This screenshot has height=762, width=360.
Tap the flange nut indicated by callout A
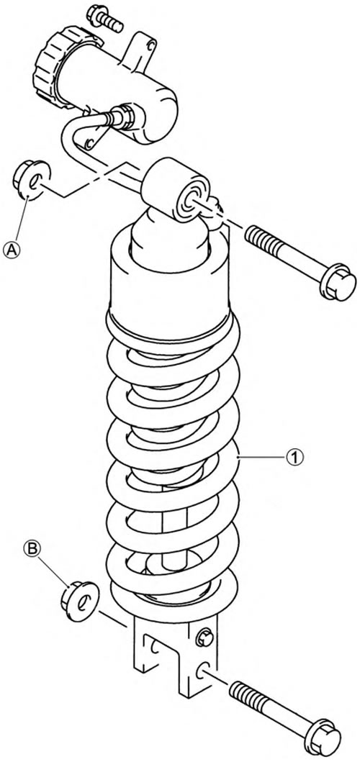pyautogui.click(x=30, y=179)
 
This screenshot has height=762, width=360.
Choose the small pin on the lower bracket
pyautogui.click(x=203, y=634)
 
